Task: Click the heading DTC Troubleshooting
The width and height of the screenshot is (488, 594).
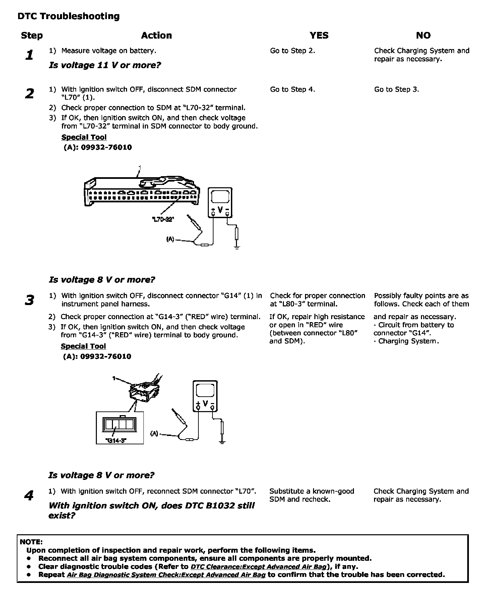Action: (68, 16)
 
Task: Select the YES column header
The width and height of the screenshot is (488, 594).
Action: (319, 36)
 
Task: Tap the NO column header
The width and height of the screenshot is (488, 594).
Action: (423, 36)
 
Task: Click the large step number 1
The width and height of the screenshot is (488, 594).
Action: (29, 55)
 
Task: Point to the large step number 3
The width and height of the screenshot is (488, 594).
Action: (29, 300)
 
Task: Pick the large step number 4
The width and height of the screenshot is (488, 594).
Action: (29, 496)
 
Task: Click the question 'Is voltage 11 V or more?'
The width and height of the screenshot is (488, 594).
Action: (105, 65)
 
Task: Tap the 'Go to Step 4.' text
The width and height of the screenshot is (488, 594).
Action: (292, 90)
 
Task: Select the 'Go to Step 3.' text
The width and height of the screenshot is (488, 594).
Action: (396, 90)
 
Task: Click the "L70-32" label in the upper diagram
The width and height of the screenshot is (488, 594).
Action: (163, 219)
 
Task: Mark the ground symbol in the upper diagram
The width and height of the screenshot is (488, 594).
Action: (237, 248)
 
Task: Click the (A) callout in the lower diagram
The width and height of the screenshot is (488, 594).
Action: (154, 434)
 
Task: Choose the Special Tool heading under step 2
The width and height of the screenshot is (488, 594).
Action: (84, 137)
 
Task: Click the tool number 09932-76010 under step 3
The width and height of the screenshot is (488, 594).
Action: (97, 356)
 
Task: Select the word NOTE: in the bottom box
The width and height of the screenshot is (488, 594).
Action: (31, 542)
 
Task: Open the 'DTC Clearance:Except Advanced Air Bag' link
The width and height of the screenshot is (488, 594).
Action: (258, 567)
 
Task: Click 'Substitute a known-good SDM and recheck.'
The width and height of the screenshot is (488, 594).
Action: (312, 495)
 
